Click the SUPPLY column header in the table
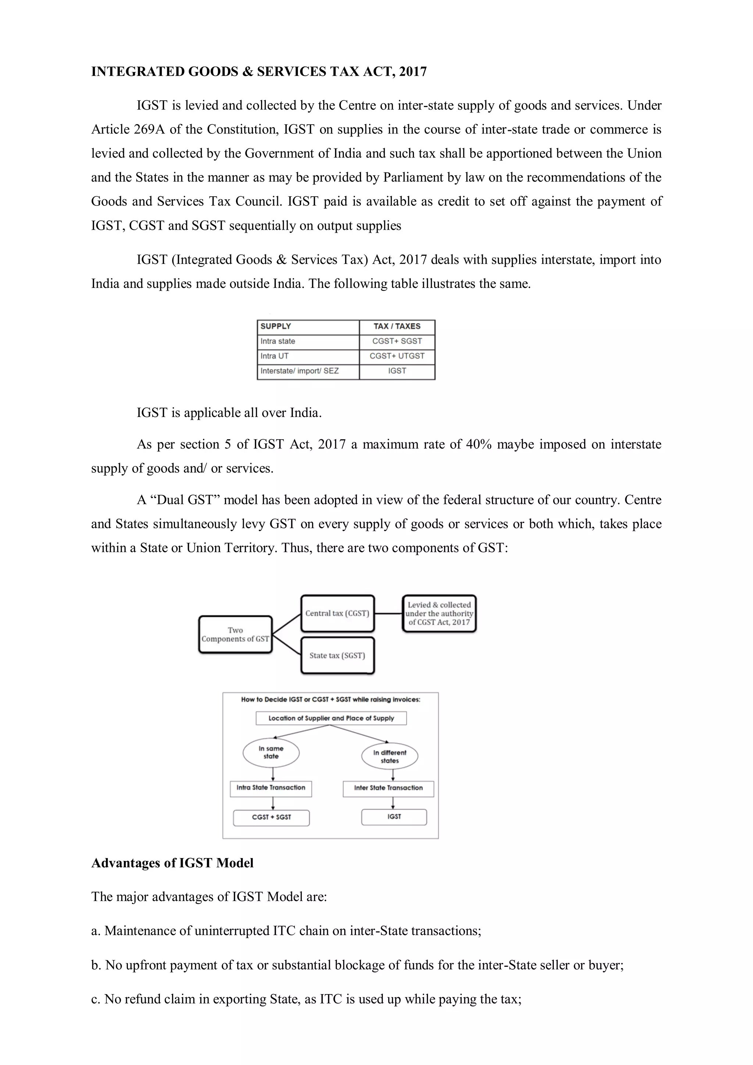pyautogui.click(x=276, y=326)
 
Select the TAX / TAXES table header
pyautogui.click(x=397, y=326)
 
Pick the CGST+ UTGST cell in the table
pyautogui.click(x=397, y=356)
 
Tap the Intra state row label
pyautogui.click(x=278, y=342)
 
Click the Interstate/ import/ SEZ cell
pyautogui.click(x=299, y=371)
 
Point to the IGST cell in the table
pyautogui.click(x=397, y=371)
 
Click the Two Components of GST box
pyautogui.click(x=235, y=635)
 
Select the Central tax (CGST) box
pyautogui.click(x=337, y=614)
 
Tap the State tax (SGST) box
pyautogui.click(x=337, y=655)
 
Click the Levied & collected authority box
pyautogui.click(x=439, y=614)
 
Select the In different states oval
pyautogui.click(x=390, y=757)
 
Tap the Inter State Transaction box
pyautogui.click(x=388, y=788)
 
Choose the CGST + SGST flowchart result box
pyautogui.click(x=271, y=817)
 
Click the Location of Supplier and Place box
pyautogui.click(x=331, y=718)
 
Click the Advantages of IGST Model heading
pyautogui.click(x=172, y=863)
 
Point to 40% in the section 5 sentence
pyautogui.click(x=478, y=444)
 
